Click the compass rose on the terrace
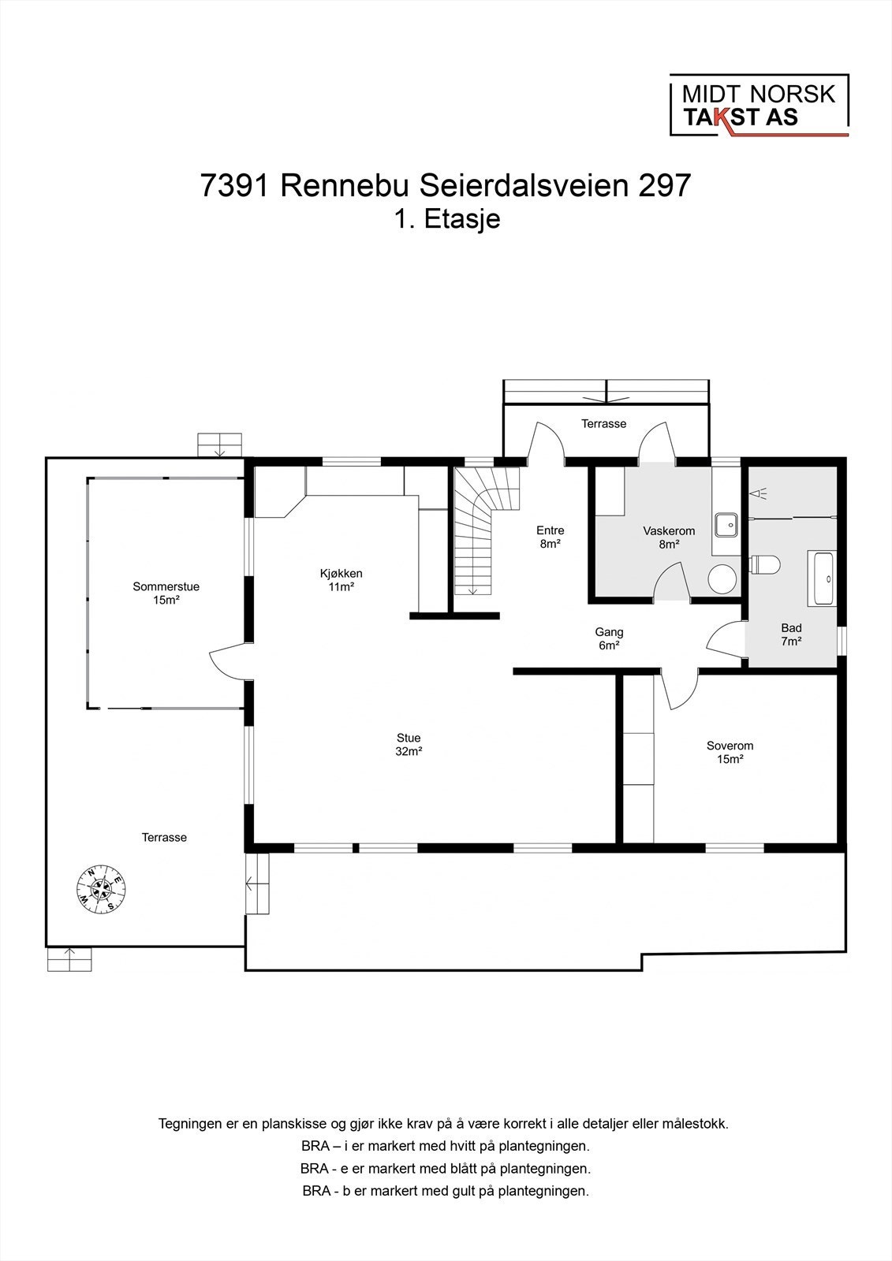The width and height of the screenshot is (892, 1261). tap(101, 891)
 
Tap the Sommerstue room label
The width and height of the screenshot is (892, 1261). tap(166, 593)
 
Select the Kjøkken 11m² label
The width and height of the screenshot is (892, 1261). tap(341, 580)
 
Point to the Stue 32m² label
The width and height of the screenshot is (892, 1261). tap(409, 745)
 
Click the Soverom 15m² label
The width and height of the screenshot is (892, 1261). tap(730, 752)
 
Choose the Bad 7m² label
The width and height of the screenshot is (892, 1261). tap(791, 634)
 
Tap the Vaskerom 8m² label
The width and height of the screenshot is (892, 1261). tap(668, 538)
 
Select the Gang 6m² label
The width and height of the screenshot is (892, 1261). tap(609, 638)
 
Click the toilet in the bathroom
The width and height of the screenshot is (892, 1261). tap(764, 564)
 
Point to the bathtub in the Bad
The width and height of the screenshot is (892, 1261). tap(823, 578)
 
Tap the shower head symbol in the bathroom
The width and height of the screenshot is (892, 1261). tap(759, 493)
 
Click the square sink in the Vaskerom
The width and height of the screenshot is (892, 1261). tap(726, 523)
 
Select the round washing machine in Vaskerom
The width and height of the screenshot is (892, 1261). tap(722, 579)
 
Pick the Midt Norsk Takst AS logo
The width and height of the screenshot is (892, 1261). tap(759, 106)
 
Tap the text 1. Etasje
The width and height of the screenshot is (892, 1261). tap(447, 218)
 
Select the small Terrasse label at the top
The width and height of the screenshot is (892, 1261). tap(603, 423)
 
